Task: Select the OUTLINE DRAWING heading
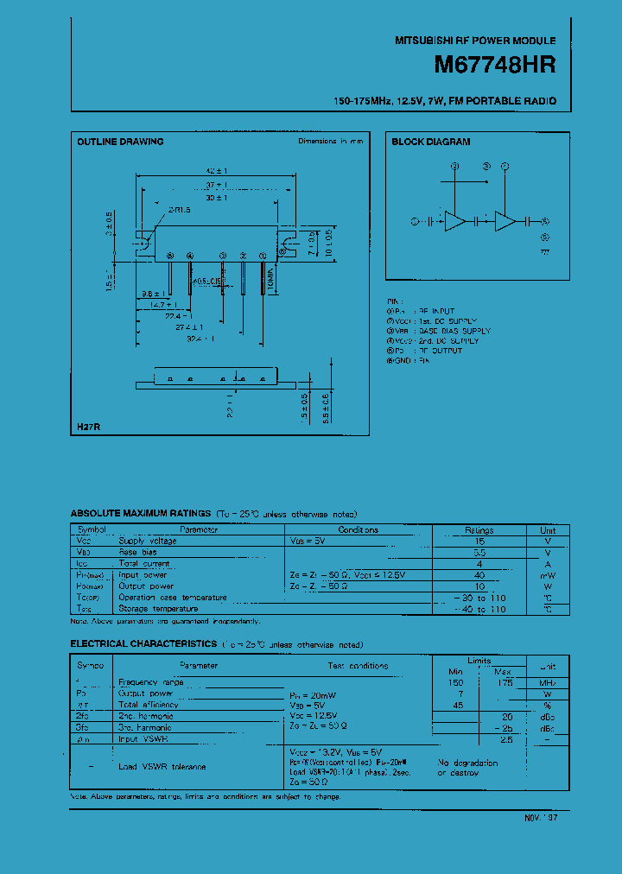pyautogui.click(x=120, y=142)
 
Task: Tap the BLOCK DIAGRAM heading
pyautogui.click(x=431, y=142)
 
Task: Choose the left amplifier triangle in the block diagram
pyautogui.click(x=454, y=221)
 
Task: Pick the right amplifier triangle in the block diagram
pyautogui.click(x=505, y=221)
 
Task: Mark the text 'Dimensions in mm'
pyautogui.click(x=331, y=141)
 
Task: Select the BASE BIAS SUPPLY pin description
pyautogui.click(x=453, y=331)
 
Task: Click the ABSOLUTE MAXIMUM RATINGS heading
pyautogui.click(x=141, y=513)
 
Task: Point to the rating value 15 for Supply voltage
pyautogui.click(x=479, y=541)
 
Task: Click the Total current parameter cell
pyautogui.click(x=144, y=563)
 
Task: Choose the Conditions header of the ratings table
pyautogui.click(x=358, y=530)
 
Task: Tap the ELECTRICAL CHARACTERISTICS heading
pyautogui.click(x=143, y=643)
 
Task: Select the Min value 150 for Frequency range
pyautogui.click(x=456, y=682)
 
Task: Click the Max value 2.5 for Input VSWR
pyautogui.click(x=505, y=739)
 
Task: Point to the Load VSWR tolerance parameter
pyautogui.click(x=162, y=767)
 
